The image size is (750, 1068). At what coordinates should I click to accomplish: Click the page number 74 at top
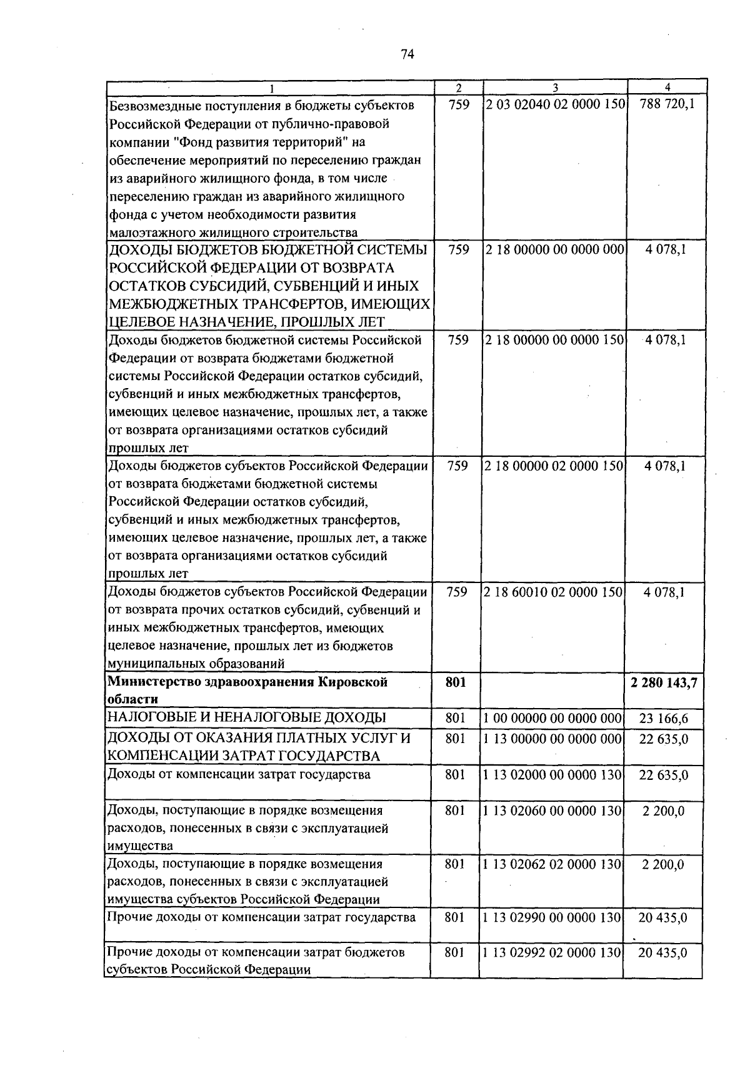407,54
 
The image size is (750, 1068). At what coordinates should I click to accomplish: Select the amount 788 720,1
667,105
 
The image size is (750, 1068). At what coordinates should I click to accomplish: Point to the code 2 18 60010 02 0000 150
554,592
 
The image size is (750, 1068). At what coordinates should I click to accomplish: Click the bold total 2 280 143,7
664,682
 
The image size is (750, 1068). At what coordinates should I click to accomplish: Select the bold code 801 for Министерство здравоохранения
456,682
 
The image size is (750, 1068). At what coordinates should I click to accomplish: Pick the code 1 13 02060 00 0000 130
554,811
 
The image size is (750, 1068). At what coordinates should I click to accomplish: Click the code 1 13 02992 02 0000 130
554,953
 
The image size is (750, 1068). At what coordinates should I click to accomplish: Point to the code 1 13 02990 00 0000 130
554,918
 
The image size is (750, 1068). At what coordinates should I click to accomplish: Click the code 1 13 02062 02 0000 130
554,864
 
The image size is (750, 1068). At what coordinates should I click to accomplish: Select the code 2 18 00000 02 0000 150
554,466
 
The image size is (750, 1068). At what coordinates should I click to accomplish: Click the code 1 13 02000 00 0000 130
554,775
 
